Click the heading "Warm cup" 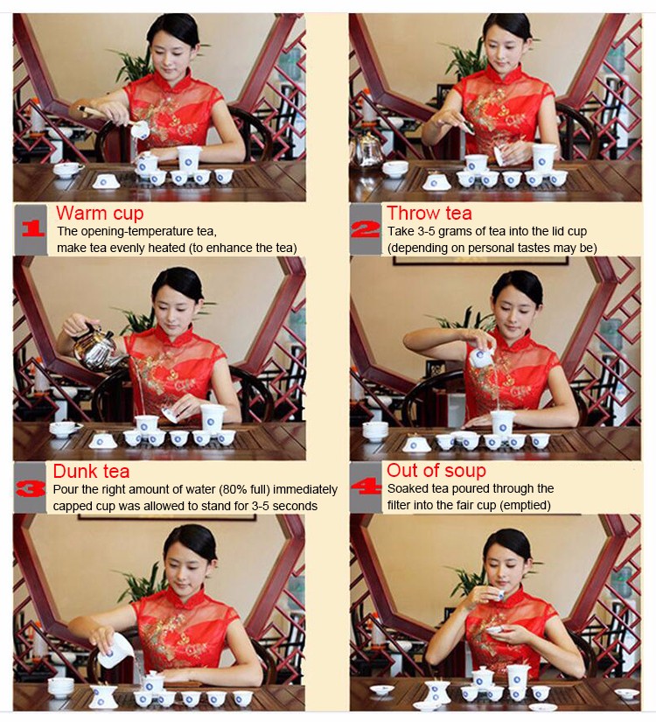100,214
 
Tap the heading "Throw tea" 429,214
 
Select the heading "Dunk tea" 91,471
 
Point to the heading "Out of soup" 436,470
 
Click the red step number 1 33,228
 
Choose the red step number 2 366,228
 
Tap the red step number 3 31,488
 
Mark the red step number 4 366,487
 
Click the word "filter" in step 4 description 399,505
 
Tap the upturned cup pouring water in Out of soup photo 482,357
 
